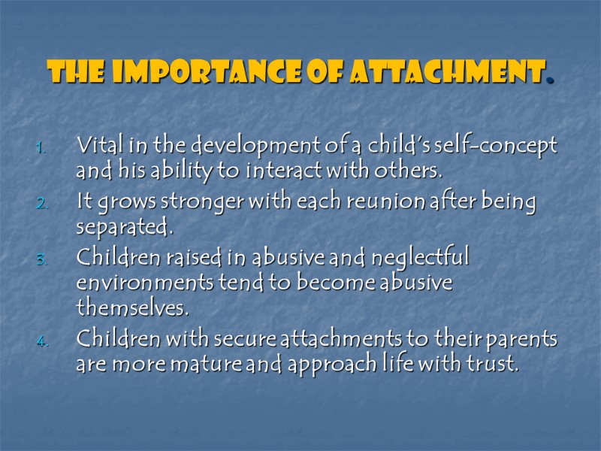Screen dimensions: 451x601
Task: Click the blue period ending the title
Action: (x=551, y=79)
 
